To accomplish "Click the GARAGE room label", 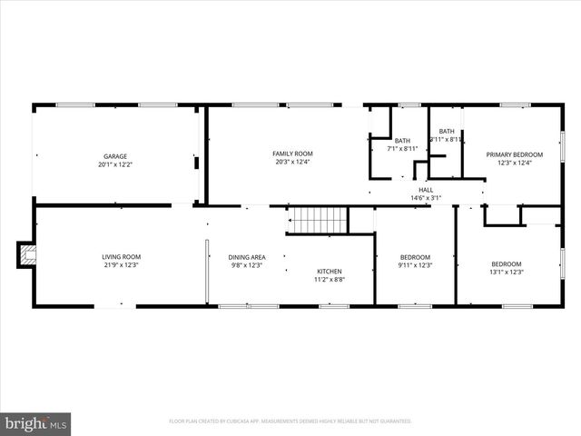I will pyautogui.click(x=114, y=155).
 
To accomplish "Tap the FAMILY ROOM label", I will pyautogui.click(x=292, y=154).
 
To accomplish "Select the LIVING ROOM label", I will pyautogui.click(x=121, y=256).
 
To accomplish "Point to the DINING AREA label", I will pyautogui.click(x=246, y=257).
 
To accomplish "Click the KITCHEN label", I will pyautogui.click(x=329, y=272).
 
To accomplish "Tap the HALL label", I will pyautogui.click(x=426, y=189).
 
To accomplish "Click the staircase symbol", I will pyautogui.click(x=318, y=220).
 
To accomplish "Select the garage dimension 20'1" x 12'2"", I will pyautogui.click(x=114, y=164).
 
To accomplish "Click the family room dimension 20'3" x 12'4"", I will pyautogui.click(x=292, y=163).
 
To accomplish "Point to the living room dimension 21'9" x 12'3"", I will pyautogui.click(x=121, y=265).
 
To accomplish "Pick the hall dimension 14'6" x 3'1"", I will pyautogui.click(x=426, y=197).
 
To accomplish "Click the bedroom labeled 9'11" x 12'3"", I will pyautogui.click(x=415, y=261).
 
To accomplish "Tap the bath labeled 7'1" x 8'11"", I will pyautogui.click(x=402, y=144).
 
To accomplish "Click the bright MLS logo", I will pyautogui.click(x=36, y=422).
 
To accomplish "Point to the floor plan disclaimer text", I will pyautogui.click(x=290, y=421).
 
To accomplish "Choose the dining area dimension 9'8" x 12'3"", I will pyautogui.click(x=246, y=265).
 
